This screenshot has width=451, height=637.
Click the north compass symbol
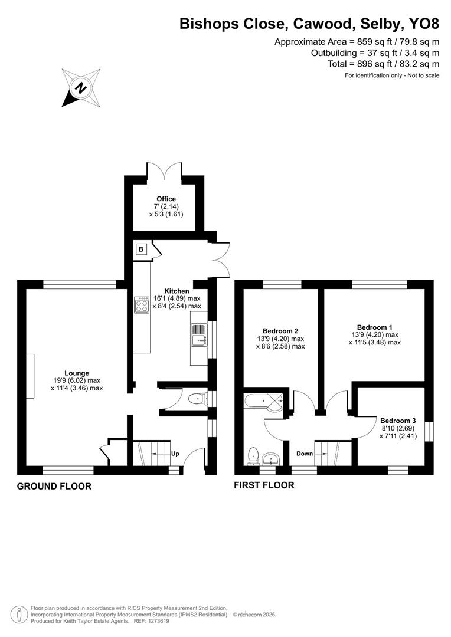[80, 88]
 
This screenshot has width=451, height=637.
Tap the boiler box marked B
[141, 249]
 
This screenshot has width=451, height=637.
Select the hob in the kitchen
[142, 304]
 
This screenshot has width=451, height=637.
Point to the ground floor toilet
[196, 399]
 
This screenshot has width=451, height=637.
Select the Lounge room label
[77, 373]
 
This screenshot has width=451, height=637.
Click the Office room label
[166, 199]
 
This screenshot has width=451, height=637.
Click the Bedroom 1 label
[374, 327]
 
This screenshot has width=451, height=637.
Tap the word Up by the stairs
[175, 454]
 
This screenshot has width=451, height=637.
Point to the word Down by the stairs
[305, 454]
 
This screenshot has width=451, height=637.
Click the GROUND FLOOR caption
[54, 487]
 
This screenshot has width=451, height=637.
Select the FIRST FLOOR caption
[264, 485]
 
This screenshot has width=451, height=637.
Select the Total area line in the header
[383, 64]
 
